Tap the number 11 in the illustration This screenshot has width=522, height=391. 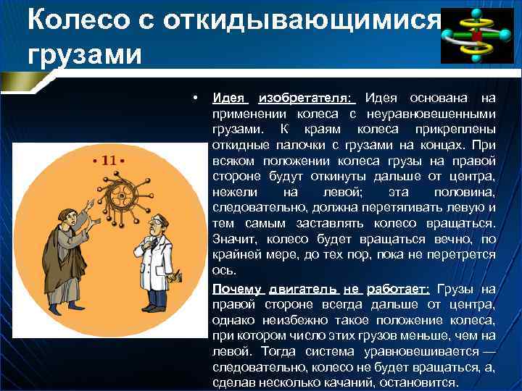[x=109, y=160]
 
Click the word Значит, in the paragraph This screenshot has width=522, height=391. [x=234, y=239]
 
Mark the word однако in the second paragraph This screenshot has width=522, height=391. [x=233, y=319]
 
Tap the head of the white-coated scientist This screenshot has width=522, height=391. [x=152, y=226]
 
